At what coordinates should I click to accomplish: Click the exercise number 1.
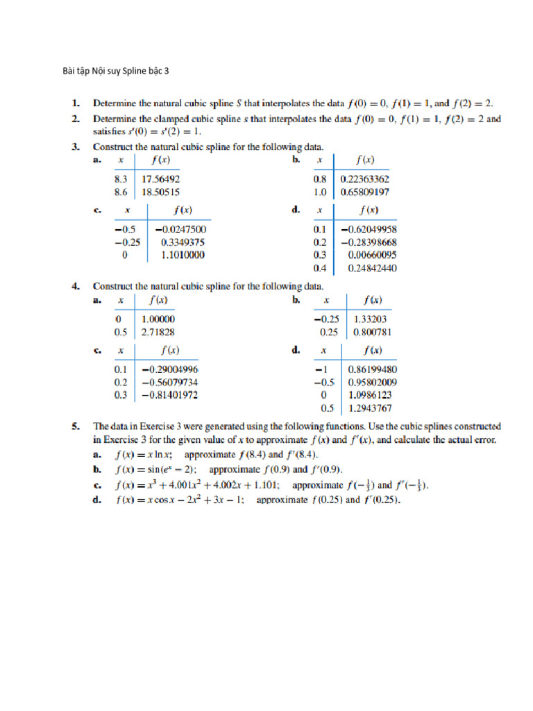pos(76,103)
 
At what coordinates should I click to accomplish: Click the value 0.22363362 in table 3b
pos(364,178)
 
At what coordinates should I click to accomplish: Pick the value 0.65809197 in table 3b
pos(364,191)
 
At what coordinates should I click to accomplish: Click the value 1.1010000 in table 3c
pos(183,255)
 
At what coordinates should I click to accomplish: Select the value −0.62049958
pos(369,228)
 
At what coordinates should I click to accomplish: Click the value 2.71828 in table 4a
pos(158,332)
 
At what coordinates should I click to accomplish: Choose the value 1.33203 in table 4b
pos(371,319)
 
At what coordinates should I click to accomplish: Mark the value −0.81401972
pos(169,395)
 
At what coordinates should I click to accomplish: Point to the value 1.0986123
pos(373,395)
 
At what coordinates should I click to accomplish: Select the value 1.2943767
pos(373,408)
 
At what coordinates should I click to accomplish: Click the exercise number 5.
pos(76,426)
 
